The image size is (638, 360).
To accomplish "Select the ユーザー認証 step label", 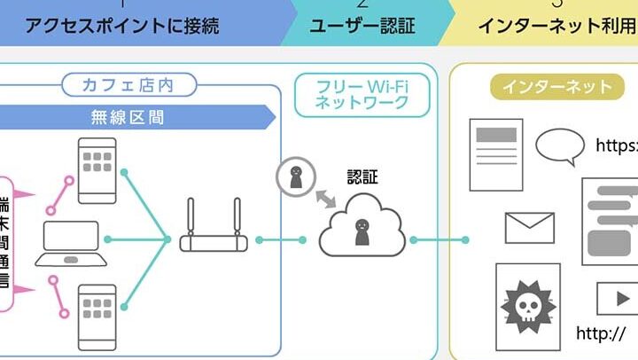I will [362, 24].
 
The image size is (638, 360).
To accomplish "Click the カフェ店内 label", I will [128, 86].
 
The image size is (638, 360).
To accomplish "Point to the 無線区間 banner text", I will [128, 115].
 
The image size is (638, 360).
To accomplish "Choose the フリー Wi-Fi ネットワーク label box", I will [362, 94].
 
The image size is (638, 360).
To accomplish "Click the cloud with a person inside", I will [362, 229].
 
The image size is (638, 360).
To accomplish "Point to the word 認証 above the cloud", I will [362, 176].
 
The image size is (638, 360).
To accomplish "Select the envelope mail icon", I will [529, 228].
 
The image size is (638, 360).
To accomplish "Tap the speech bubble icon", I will [560, 146].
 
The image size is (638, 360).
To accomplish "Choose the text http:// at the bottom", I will [601, 334].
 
